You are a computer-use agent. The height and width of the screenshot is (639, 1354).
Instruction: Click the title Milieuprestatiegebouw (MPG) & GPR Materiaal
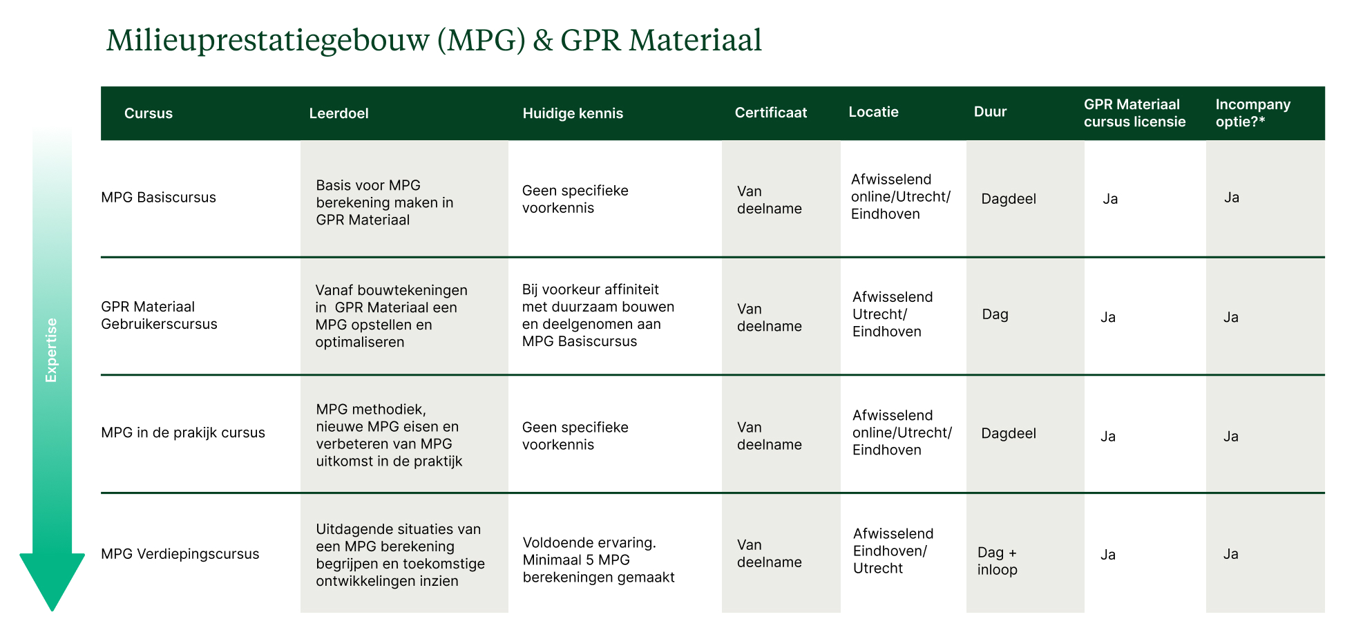click(x=434, y=40)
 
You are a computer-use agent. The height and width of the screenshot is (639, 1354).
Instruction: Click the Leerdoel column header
click(x=338, y=113)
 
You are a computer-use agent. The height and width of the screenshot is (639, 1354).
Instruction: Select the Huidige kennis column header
click(x=573, y=113)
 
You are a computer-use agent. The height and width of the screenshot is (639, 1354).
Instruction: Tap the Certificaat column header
click(x=770, y=113)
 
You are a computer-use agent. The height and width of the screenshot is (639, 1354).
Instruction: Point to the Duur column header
click(x=990, y=112)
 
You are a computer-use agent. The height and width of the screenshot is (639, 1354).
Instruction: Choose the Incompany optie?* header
click(x=1252, y=113)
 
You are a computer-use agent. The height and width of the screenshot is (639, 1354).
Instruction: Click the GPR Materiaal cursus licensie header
click(x=1134, y=113)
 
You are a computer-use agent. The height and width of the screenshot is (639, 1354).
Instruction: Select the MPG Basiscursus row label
click(x=158, y=198)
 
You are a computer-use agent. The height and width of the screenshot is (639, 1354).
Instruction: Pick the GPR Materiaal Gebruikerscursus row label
click(x=159, y=315)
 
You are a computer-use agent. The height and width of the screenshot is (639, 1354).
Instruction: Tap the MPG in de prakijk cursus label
click(x=183, y=432)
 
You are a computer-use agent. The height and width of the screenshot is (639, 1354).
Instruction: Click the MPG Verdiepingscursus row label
click(x=180, y=554)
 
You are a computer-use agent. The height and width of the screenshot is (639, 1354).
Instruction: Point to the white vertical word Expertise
click(x=51, y=350)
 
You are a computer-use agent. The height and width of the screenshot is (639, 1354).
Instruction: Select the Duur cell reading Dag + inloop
click(x=997, y=561)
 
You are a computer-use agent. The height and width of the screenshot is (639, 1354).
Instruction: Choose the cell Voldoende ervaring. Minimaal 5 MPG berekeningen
click(x=598, y=560)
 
